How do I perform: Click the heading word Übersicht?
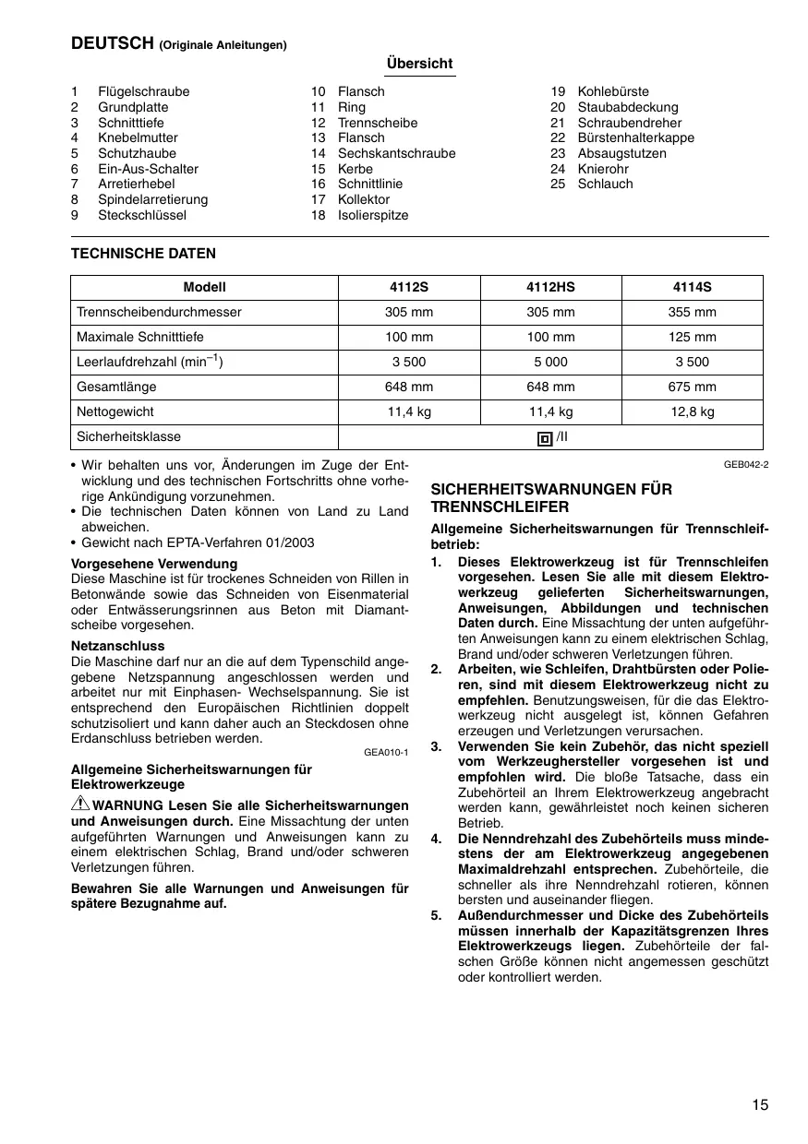[420, 64]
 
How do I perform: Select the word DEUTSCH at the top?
[113, 42]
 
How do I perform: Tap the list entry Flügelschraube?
[143, 91]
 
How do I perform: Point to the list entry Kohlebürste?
[613, 91]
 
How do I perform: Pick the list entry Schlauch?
[605, 184]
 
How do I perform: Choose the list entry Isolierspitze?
[372, 215]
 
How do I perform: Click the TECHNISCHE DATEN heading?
[143, 253]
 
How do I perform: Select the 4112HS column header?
[550, 287]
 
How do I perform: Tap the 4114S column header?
[692, 287]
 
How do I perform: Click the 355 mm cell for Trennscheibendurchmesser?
[692, 312]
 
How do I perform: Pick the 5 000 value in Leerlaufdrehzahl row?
[550, 363]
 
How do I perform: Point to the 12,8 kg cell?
[692, 412]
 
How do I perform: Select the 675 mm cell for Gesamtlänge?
[692, 387]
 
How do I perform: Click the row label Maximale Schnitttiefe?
[140, 337]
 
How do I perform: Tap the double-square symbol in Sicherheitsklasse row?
[545, 438]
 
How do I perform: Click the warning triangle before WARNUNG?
[79, 804]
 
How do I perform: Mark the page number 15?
[759, 1105]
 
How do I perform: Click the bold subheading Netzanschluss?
[117, 646]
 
